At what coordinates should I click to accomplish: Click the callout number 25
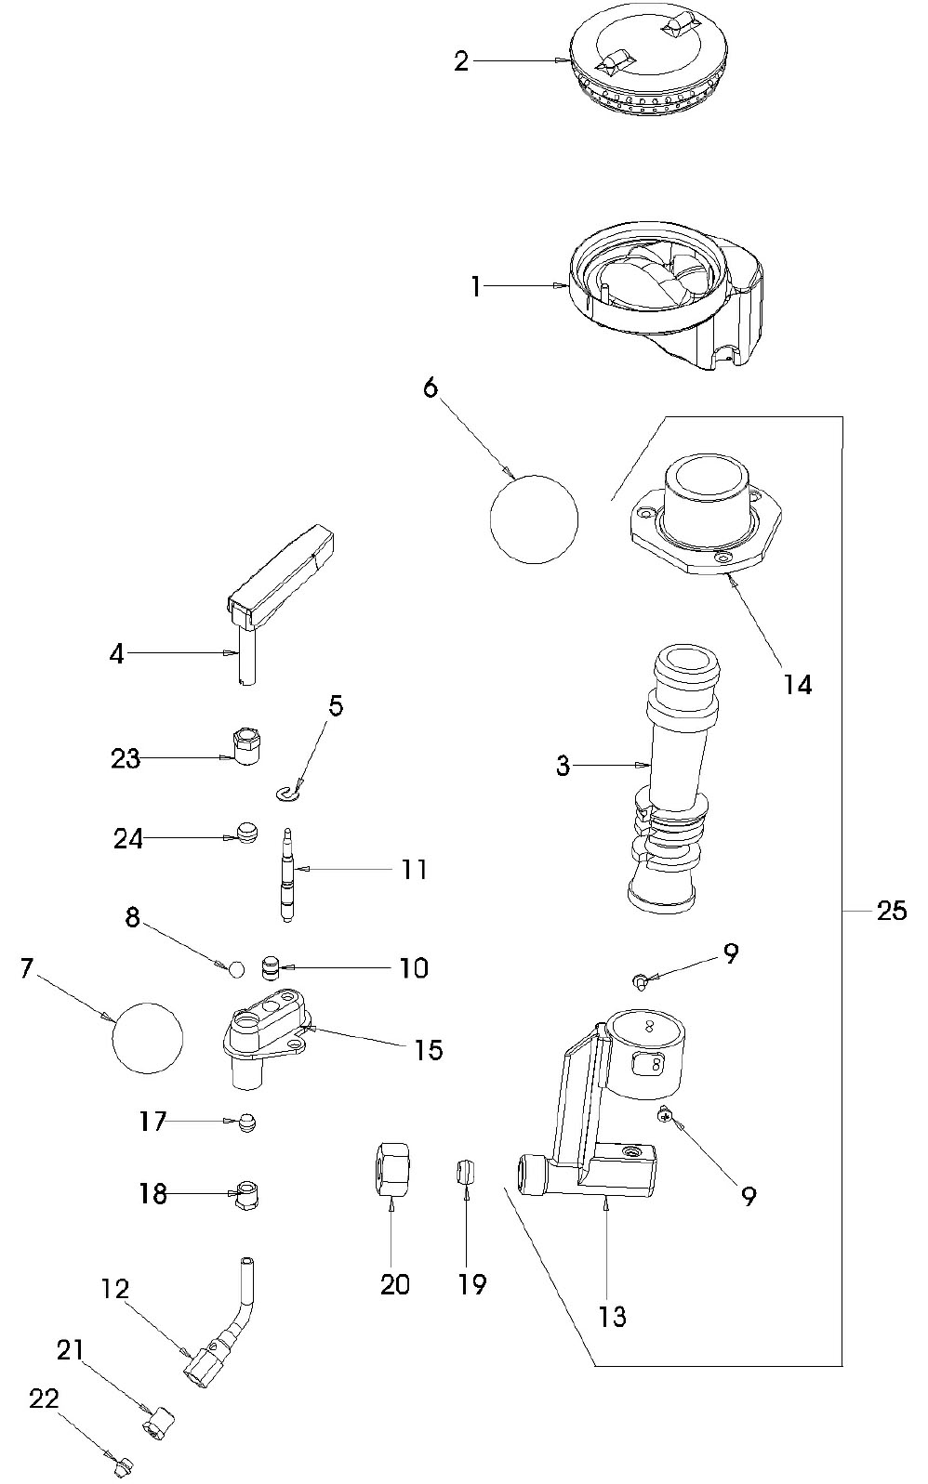(891, 911)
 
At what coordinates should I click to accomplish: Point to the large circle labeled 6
(534, 519)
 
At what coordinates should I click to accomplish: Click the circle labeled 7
(147, 1038)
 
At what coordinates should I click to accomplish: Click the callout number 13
(613, 1315)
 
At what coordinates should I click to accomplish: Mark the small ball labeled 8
(235, 969)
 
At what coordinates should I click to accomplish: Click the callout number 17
(152, 1122)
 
